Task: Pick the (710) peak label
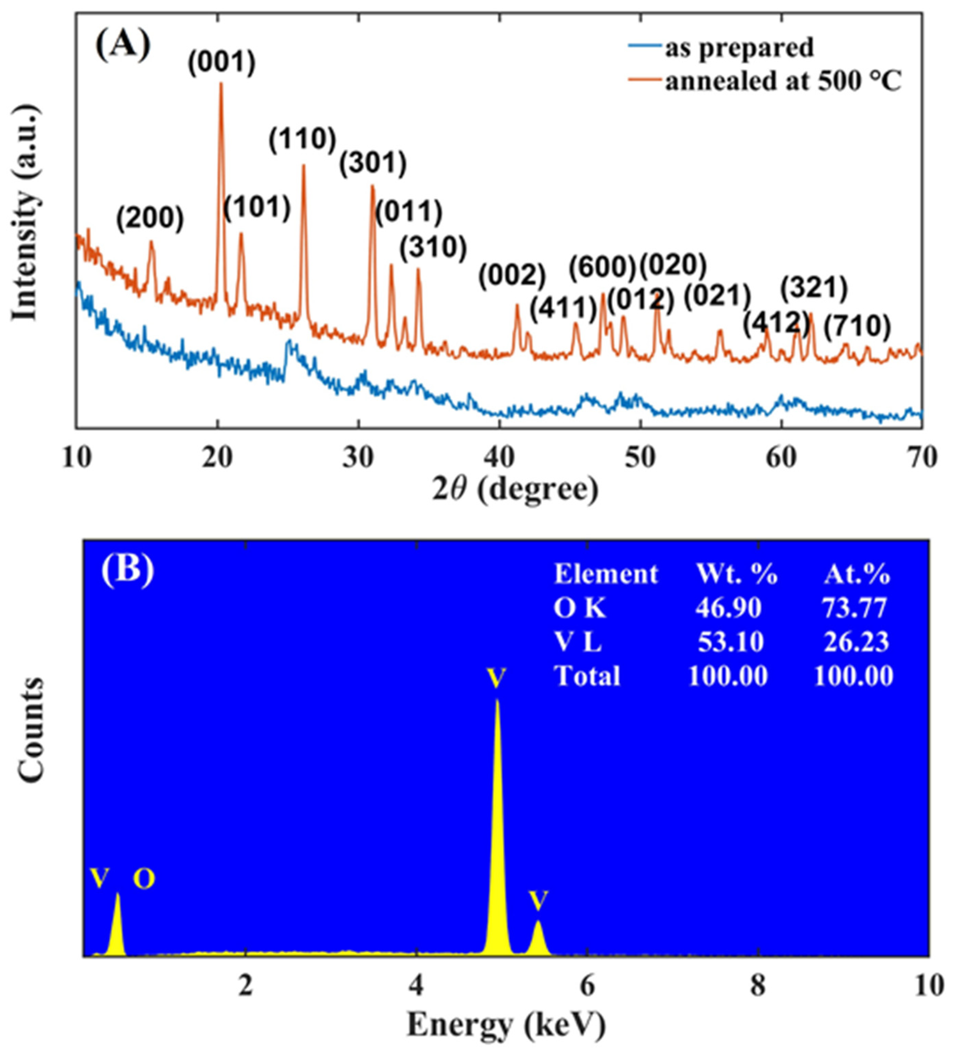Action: pos(857,327)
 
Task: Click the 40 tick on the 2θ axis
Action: pos(500,458)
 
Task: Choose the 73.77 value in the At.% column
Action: pos(854,608)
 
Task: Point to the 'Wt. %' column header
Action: pos(737,575)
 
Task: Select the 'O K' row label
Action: pos(580,608)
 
